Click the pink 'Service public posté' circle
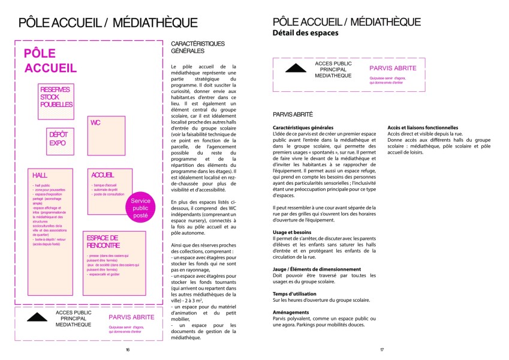(140, 208)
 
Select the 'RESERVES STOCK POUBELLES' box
(56, 97)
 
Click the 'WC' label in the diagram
(95, 122)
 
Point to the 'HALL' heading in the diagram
(40, 175)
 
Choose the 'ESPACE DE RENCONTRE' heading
(103, 241)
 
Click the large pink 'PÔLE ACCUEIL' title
(50, 60)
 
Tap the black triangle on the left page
(36, 316)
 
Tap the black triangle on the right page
(296, 68)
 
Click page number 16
(127, 350)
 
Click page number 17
(381, 350)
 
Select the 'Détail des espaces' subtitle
(305, 33)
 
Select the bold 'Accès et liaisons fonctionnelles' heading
(423, 128)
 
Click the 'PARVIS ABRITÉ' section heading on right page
(293, 114)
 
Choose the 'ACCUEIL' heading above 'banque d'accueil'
(103, 175)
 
